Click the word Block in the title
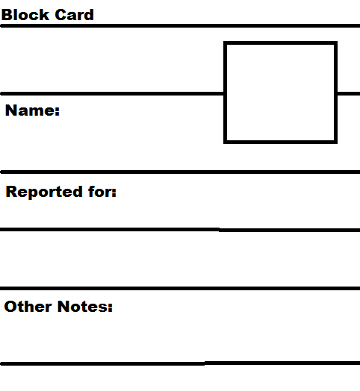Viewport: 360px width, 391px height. click(25, 15)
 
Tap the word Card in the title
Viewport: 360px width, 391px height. click(74, 15)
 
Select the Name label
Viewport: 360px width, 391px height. click(32, 110)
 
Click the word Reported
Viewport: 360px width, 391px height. click(44, 193)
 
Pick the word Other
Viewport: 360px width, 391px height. click(28, 306)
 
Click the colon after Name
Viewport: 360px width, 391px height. click(58, 111)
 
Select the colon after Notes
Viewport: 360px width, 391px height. click(110, 307)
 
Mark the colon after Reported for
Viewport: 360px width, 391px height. click(114, 193)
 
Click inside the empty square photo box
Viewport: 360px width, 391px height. click(280, 93)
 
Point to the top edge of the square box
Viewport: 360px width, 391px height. click(280, 43)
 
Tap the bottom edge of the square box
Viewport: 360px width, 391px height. click(280, 142)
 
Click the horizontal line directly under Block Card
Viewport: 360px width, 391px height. click(180, 25)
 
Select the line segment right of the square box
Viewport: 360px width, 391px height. click(349, 93)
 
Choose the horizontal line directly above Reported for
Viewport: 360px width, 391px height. click(180, 172)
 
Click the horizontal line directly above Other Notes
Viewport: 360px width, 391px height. click(180, 288)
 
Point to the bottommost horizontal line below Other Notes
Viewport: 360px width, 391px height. click(180, 363)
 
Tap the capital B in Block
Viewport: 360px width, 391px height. click(7, 15)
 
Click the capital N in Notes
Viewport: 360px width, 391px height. click(63, 306)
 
